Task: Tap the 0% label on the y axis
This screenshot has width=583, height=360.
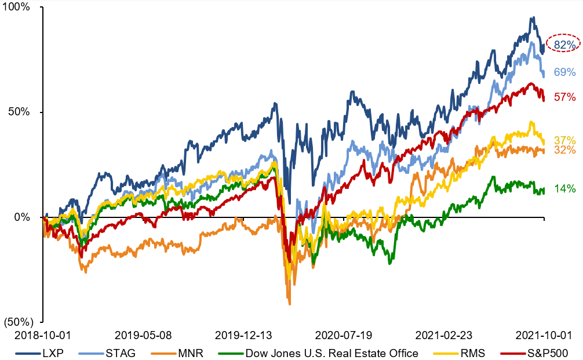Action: [28, 217]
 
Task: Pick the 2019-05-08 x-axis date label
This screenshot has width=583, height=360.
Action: [144, 336]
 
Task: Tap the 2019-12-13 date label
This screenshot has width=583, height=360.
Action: [243, 336]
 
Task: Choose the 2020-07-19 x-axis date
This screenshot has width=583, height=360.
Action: [344, 336]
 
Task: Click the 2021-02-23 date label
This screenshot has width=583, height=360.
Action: [443, 336]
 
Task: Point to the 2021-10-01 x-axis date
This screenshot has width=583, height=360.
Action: [543, 336]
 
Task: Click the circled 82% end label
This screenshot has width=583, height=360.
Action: [564, 45]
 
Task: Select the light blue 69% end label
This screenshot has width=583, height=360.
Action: [564, 72]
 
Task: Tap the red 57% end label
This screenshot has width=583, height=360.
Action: [564, 97]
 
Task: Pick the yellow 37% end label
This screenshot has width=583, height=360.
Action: [564, 141]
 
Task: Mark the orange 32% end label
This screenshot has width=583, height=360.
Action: [564, 150]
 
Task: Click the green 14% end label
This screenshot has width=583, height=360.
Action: [564, 188]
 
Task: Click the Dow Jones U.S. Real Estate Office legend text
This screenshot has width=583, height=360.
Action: [331, 352]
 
